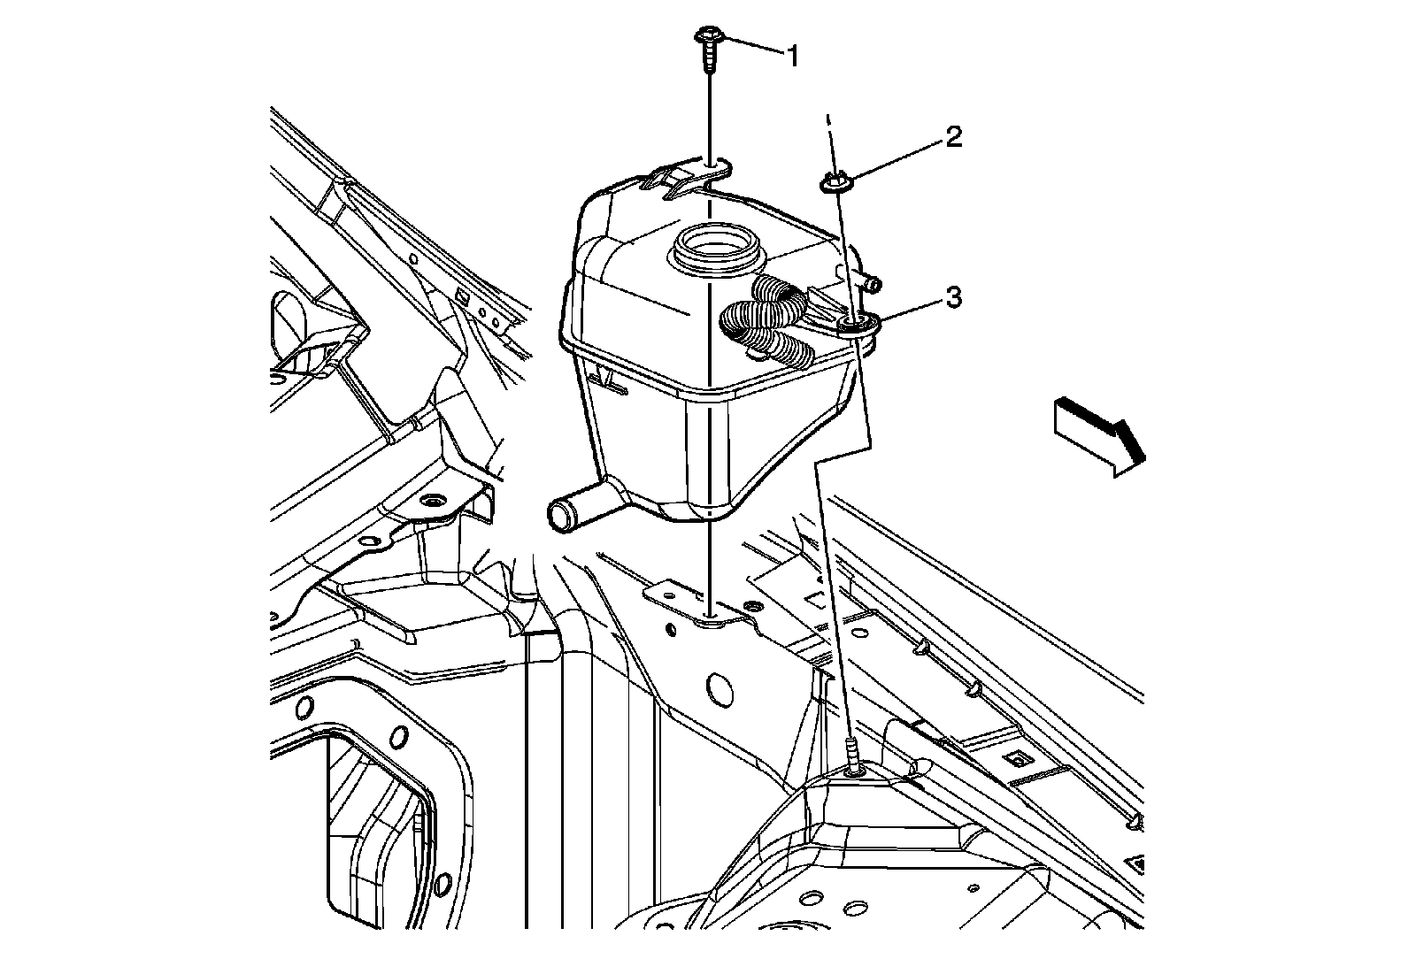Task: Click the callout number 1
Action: pyautogui.click(x=793, y=58)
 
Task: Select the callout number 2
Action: pyautogui.click(x=952, y=137)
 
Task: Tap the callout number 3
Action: pyautogui.click(x=952, y=298)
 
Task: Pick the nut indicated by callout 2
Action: pyautogui.click(x=833, y=184)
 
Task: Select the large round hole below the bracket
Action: pyautogui.click(x=721, y=689)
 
